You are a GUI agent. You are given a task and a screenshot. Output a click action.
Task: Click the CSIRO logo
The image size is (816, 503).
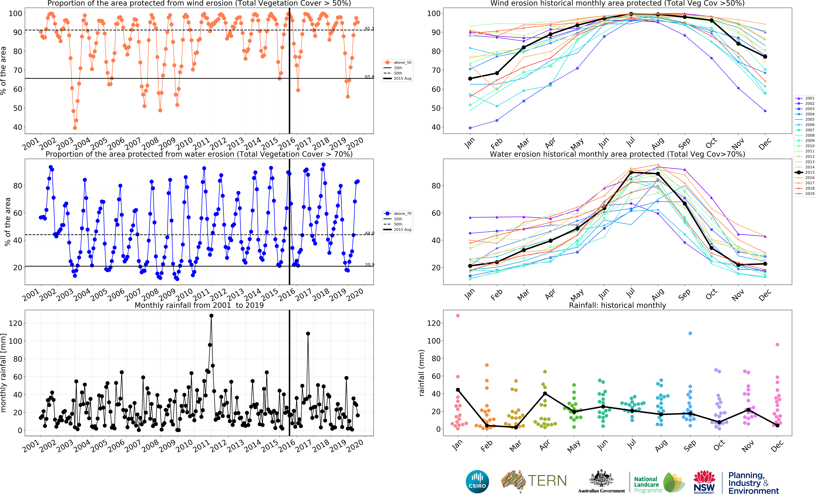coord(477,481)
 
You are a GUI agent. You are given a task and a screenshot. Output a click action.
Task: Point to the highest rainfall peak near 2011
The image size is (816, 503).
coord(211,316)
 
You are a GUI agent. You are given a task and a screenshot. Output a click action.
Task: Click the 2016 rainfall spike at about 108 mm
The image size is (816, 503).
coord(308,334)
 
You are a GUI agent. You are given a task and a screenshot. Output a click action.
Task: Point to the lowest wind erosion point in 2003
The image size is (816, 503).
coord(75,128)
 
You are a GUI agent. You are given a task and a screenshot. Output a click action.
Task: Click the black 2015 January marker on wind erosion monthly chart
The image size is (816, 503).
coord(470,78)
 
